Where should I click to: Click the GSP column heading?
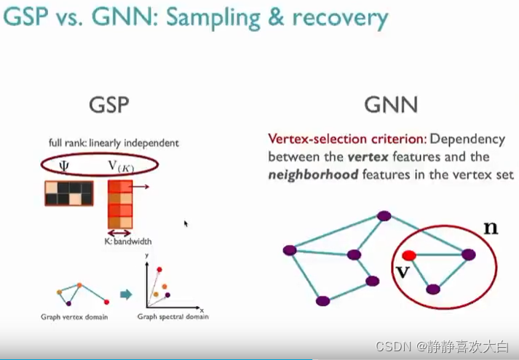tap(108, 105)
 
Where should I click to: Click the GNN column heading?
tap(391, 105)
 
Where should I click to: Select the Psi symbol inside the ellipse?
tap(64, 166)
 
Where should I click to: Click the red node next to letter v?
tap(409, 255)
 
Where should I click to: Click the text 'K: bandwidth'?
tap(128, 241)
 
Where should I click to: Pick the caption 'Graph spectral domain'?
tap(170, 317)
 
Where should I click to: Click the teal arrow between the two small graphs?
tap(126, 295)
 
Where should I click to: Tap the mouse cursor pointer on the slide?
tap(186, 224)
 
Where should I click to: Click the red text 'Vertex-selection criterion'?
tap(347, 138)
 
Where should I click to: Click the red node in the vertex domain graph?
tap(107, 301)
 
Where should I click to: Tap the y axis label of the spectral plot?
tap(147, 255)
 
